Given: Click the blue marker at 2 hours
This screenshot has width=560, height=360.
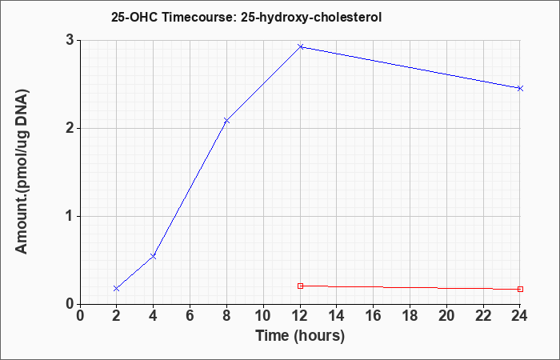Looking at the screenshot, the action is coord(117,288).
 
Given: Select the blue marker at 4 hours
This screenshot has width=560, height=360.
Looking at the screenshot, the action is coord(154,256).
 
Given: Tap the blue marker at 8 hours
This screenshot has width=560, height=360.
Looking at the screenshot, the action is coord(226,121).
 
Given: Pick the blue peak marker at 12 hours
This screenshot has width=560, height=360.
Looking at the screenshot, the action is coord(300,46).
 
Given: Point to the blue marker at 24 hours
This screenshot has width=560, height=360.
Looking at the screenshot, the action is coord(520,88).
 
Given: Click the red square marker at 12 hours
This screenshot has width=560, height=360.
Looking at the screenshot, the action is coord(300,286).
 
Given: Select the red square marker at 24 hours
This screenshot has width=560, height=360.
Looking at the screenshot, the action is coord(520,289).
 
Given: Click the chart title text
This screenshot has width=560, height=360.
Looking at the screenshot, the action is coord(246,17).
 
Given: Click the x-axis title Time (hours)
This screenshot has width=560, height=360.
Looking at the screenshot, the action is coord(300,336).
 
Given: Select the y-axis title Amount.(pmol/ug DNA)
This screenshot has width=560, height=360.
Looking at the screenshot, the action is coord(22,172).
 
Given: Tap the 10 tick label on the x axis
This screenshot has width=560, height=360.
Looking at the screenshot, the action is coord(263,316).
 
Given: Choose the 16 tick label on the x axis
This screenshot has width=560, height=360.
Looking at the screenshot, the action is coord(374,316).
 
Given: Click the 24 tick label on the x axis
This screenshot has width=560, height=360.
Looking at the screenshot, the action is coord(520,316).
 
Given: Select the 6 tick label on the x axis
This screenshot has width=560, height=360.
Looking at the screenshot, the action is coord(190,316).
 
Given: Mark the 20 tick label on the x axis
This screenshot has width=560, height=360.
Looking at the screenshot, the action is coord(446,316).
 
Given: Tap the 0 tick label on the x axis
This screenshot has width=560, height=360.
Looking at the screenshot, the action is coord(80,316).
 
